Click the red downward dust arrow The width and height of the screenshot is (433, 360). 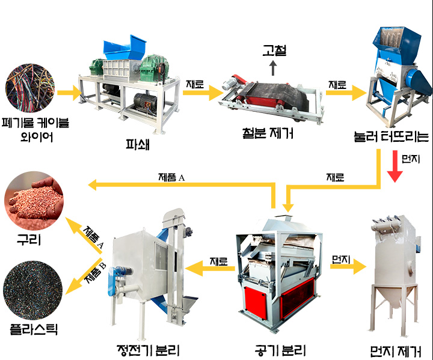pos(395,166)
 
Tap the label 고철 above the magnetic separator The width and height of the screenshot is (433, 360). pos(274,50)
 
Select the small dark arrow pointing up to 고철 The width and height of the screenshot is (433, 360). pos(273,68)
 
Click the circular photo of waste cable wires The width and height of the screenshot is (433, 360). pos(30,88)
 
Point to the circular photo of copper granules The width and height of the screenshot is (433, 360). pos(34,201)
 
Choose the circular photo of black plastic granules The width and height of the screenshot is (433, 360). pos(33,290)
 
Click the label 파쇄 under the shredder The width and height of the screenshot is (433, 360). pos(138,144)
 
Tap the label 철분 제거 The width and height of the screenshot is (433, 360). pos(268,133)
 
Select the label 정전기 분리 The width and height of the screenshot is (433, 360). pos(149,350)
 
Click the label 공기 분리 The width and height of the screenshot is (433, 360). pos(280,350)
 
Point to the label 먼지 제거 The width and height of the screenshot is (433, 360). pos(396,352)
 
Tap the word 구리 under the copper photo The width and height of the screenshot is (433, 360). pos(29,239)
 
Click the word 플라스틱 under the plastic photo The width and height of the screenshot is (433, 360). pos(34,329)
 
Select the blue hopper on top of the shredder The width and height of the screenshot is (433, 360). pos(125,46)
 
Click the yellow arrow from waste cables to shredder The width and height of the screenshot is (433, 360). pos(70,93)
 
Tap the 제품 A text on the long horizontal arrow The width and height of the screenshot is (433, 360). pos(171,177)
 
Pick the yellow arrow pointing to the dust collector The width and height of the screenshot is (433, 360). pos(348,266)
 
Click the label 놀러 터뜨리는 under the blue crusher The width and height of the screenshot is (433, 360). pos(392,136)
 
